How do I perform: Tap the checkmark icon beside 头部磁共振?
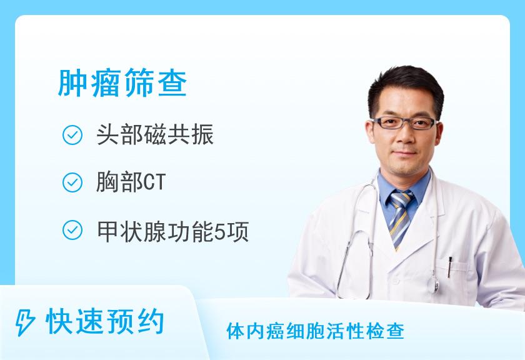[x=73, y=136]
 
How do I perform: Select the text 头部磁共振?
[x=155, y=136]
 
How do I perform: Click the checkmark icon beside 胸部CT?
[x=73, y=183]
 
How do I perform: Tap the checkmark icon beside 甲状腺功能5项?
[x=73, y=231]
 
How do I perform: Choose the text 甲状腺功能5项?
[x=172, y=231]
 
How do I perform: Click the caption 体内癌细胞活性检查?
[x=315, y=331]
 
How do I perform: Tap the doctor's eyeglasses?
[x=404, y=122]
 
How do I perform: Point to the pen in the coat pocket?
[x=450, y=266]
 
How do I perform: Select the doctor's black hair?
[x=405, y=87]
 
